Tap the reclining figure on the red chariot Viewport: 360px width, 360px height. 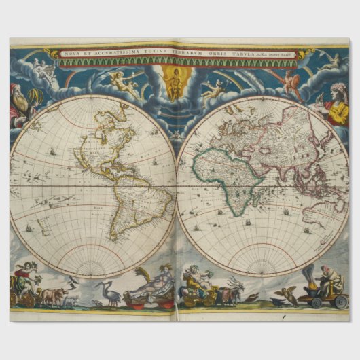[151, 285]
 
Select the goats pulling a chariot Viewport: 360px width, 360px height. [231, 292]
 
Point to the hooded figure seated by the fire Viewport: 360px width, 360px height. [330, 278]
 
